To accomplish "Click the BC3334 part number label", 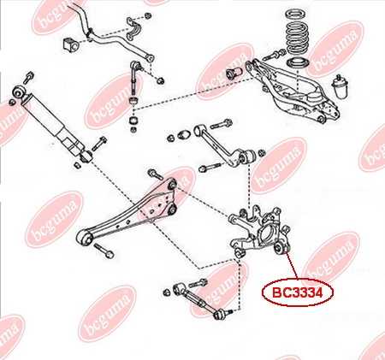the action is [x=298, y=292].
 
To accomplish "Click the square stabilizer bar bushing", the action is [x=69, y=44].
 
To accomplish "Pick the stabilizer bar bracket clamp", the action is [x=134, y=28].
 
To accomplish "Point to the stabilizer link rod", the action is [x=134, y=80].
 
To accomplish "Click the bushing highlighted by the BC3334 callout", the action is [x=280, y=247].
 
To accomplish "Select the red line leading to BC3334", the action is [x=291, y=266].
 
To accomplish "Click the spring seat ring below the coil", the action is [x=297, y=63].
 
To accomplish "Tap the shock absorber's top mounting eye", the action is [x=20, y=92].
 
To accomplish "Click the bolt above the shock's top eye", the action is [x=28, y=77].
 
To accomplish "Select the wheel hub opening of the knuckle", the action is [x=267, y=235].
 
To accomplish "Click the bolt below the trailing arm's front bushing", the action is [x=104, y=251].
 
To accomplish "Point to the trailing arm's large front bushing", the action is [x=85, y=237].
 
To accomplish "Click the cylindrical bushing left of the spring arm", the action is [x=234, y=73].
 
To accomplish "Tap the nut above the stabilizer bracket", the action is [x=148, y=15].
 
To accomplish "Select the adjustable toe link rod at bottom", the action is [x=197, y=300].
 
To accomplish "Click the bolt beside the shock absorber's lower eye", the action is [x=99, y=143].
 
